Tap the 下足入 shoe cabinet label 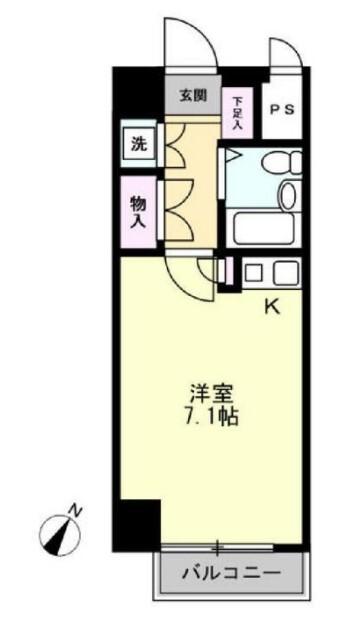[x=238, y=113]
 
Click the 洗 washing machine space [x=139, y=142]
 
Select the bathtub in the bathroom [x=263, y=229]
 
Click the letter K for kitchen [x=271, y=307]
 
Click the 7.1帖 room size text [x=209, y=416]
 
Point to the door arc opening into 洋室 [x=190, y=273]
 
